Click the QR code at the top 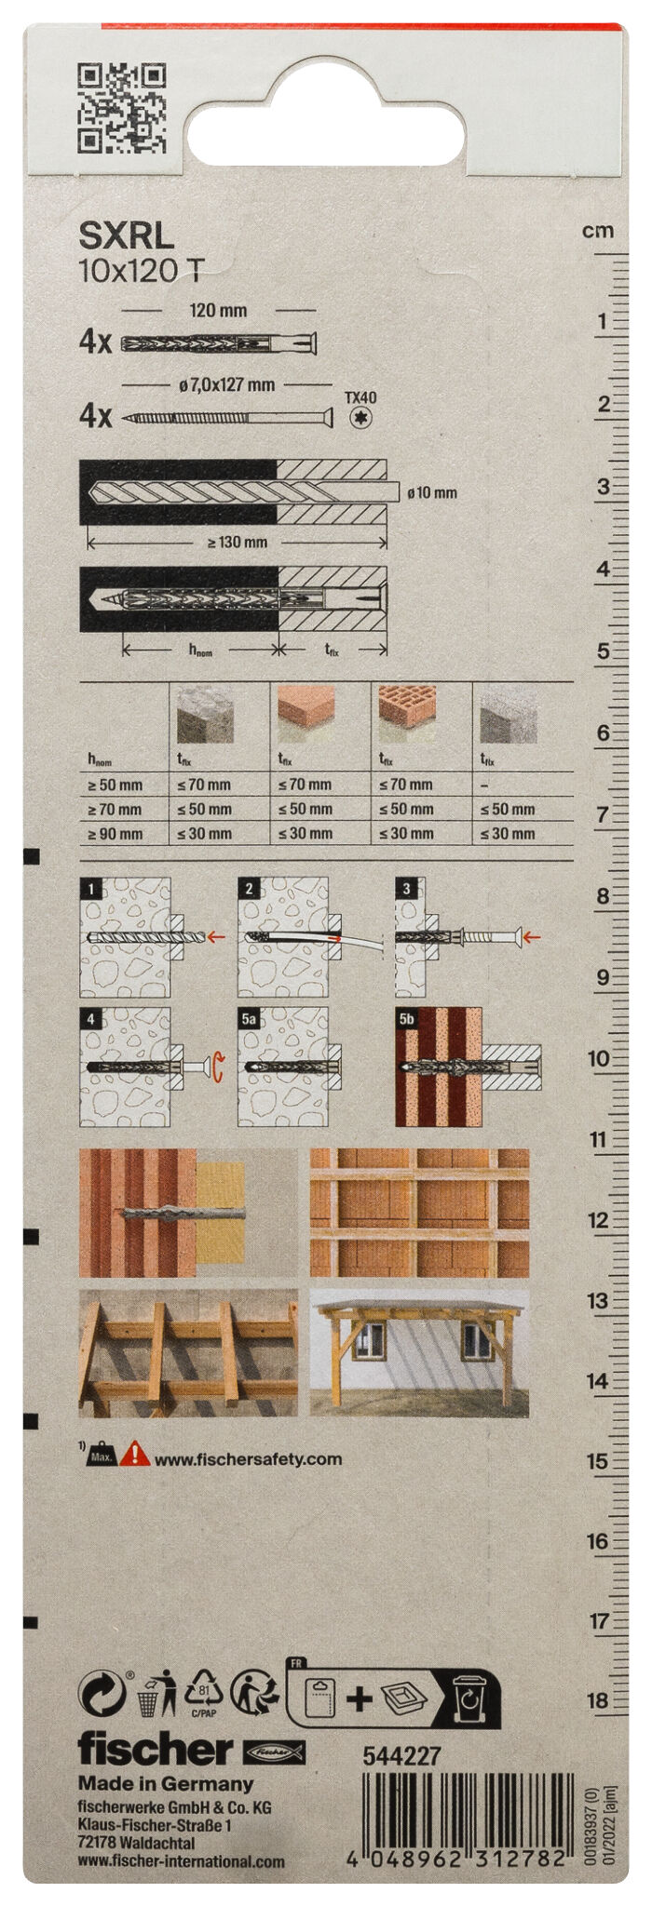[x=122, y=108]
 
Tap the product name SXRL [x=126, y=236]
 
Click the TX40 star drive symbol [x=360, y=418]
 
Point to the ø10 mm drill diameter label [x=432, y=492]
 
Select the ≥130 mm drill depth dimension [x=237, y=542]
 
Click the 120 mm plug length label [x=218, y=310]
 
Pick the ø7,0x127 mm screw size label [x=226, y=384]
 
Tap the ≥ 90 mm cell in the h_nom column [x=115, y=834]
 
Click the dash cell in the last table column [x=485, y=785]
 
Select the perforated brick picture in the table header [x=407, y=714]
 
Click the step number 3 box [x=406, y=889]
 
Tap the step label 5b [x=407, y=1019]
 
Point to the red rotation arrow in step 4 [x=217, y=1067]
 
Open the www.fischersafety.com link [x=248, y=1459]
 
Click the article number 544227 [x=401, y=1756]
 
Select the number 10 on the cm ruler [x=599, y=1058]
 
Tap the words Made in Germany [x=166, y=1783]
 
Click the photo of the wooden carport [x=419, y=1353]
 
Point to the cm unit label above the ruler [x=598, y=231]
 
